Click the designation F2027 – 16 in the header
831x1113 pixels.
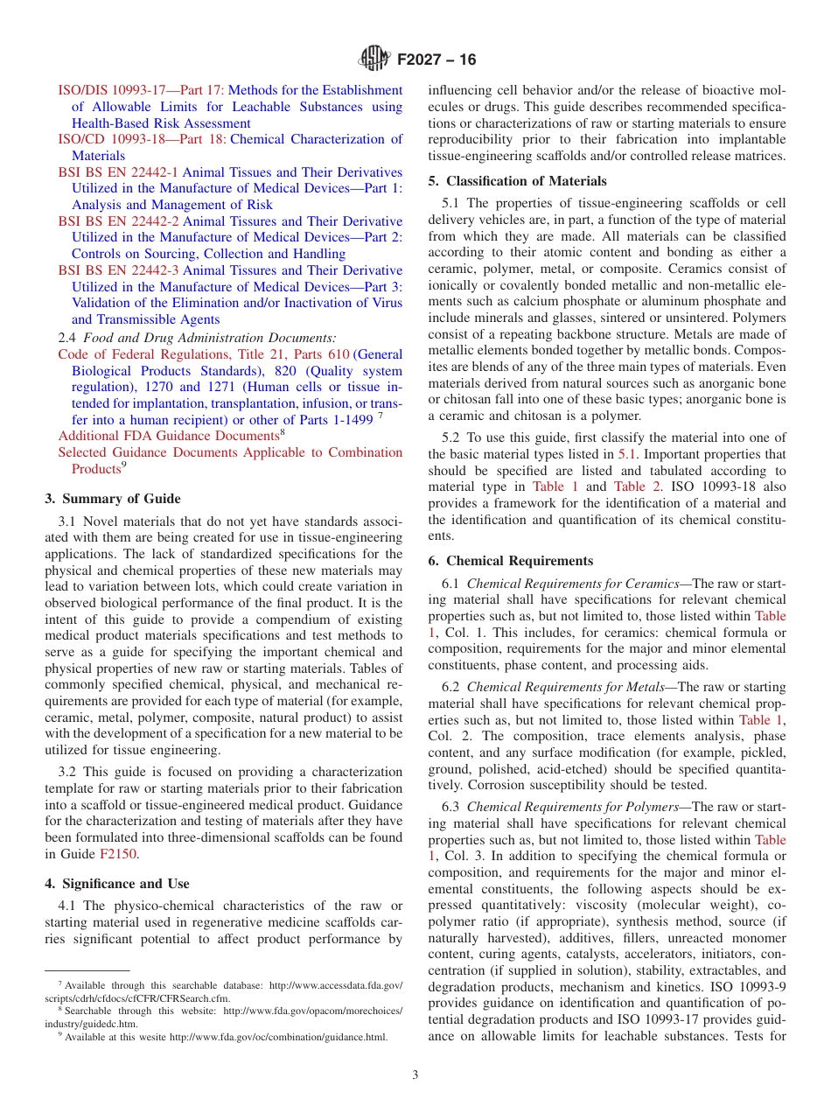click(x=436, y=60)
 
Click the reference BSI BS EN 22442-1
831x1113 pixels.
click(x=118, y=172)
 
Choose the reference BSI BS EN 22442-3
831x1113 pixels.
click(x=118, y=270)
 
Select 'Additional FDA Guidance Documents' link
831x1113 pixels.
click(x=167, y=436)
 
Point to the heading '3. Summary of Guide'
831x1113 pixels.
click(x=113, y=499)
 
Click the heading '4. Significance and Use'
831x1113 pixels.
click(x=116, y=884)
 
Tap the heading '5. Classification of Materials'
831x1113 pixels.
click(x=517, y=181)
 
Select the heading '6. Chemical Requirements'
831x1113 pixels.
click(x=510, y=561)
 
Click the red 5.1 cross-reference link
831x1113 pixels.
click(x=627, y=454)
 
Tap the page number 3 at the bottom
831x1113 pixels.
click(x=415, y=1074)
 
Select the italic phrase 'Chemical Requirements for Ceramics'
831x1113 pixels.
click(x=572, y=584)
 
